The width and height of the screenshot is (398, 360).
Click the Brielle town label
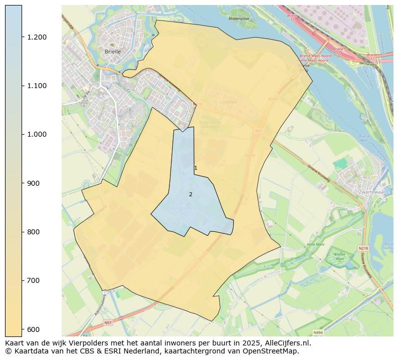click(x=112, y=52)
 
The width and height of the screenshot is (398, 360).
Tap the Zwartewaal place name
click(x=371, y=192)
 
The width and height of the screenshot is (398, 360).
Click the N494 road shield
click(x=318, y=332)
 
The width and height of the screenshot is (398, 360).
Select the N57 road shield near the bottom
click(x=108, y=323)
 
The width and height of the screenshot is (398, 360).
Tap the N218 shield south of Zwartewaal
click(x=363, y=248)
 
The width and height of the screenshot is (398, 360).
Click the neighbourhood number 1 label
click(x=195, y=168)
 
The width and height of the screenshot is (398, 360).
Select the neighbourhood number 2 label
click(x=190, y=194)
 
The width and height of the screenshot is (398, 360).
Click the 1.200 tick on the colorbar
click(x=37, y=38)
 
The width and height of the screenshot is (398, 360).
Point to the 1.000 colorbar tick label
click(x=37, y=135)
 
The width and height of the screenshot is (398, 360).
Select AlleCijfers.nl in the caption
click(x=287, y=343)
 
